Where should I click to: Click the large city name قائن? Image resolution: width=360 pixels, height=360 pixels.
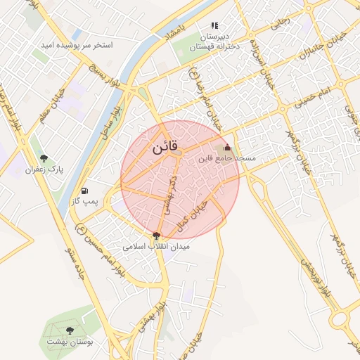pos(166,148)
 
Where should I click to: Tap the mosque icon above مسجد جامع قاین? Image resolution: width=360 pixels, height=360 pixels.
pos(226,148)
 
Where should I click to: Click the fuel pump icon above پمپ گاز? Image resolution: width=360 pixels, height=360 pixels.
pos(85,191)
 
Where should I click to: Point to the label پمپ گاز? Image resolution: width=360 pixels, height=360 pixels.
pos(86,202)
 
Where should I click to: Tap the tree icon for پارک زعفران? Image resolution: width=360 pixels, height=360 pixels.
pos(44,159)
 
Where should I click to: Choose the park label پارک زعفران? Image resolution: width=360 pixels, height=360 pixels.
pos(44,169)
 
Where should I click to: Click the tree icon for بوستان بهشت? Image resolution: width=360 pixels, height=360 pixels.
pos(70,330)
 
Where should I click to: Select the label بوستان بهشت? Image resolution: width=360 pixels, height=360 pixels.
pos(70,341)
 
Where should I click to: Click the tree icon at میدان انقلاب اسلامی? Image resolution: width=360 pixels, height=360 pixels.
pos(156,236)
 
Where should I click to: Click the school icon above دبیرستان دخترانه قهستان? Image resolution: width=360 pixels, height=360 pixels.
pos(214,25)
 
